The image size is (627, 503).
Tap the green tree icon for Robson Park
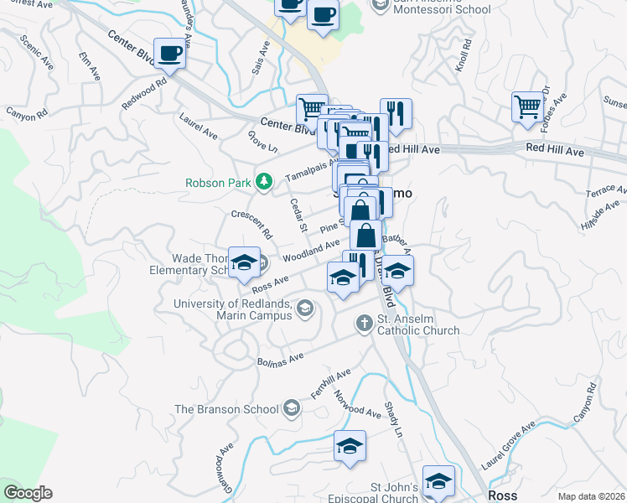coord(264,181)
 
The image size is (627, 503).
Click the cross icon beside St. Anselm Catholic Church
coord(364,322)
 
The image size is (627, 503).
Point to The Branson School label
coord(225,409)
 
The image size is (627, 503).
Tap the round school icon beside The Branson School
coord(291,408)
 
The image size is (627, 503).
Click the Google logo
coord(28,493)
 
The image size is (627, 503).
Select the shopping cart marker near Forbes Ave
coord(528,106)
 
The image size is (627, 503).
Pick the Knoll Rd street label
coord(466,55)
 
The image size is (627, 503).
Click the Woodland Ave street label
coord(311,249)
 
